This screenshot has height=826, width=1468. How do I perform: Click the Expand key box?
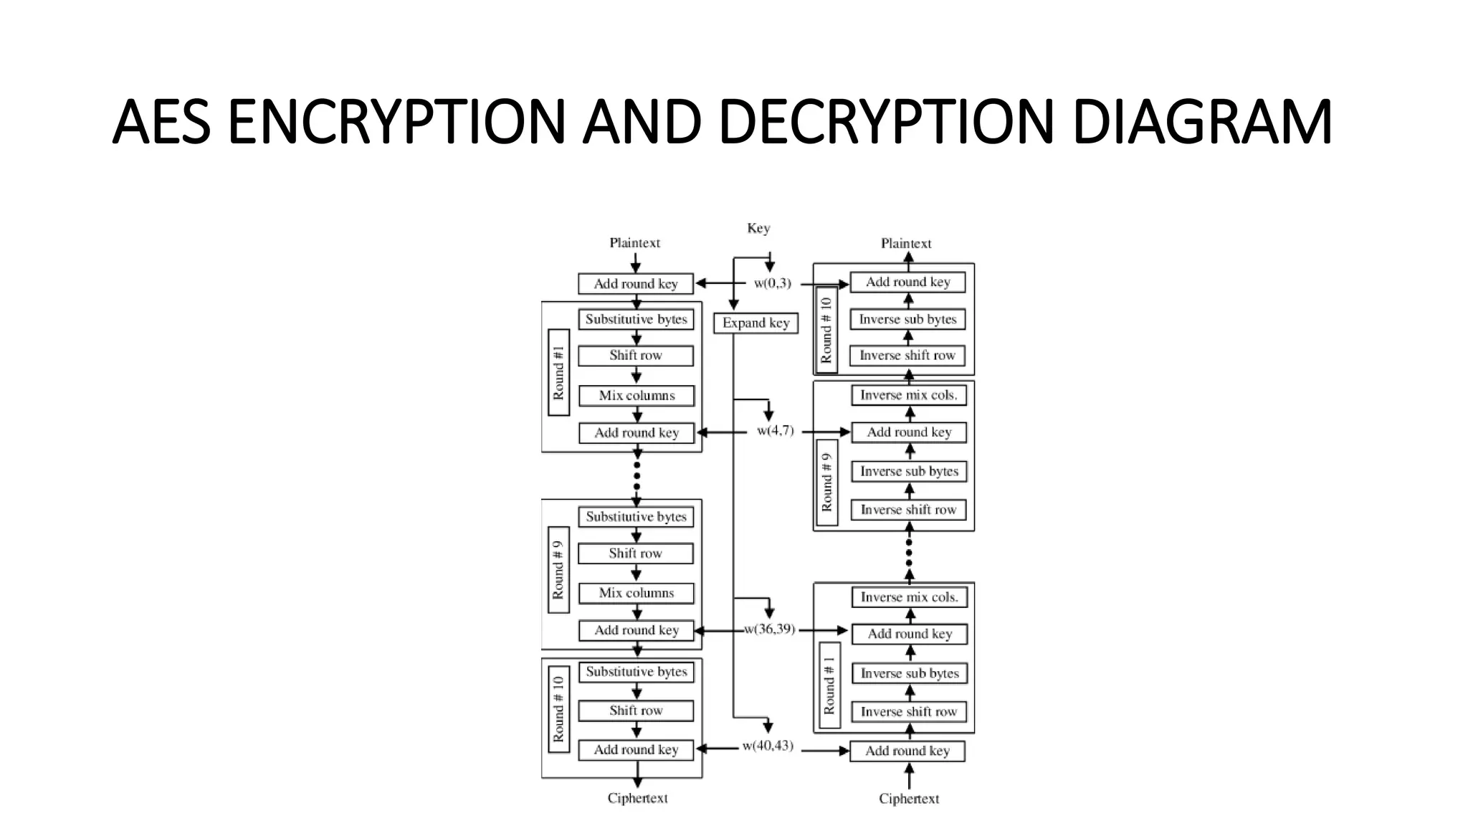(756, 323)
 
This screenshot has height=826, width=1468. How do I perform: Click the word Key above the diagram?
(758, 228)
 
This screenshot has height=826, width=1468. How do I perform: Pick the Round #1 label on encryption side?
(558, 373)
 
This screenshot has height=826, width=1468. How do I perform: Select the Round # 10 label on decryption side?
(826, 330)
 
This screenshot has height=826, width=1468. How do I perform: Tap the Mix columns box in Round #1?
(637, 395)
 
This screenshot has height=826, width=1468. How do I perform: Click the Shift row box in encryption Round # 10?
(636, 711)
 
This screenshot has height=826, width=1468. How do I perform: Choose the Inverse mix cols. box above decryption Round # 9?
(908, 395)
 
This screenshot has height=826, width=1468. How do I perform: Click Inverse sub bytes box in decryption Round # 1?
(909, 673)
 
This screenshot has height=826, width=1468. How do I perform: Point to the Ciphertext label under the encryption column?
(637, 798)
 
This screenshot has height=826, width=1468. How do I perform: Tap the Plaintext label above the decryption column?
(906, 243)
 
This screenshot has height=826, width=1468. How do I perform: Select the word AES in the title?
(161, 122)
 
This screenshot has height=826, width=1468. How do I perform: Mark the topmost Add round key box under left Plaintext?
(636, 284)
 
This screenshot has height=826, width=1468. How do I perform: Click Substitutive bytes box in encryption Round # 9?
(636, 517)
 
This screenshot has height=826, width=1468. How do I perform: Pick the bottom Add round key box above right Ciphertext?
(907, 751)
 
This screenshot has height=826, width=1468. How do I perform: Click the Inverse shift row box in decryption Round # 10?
(907, 356)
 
